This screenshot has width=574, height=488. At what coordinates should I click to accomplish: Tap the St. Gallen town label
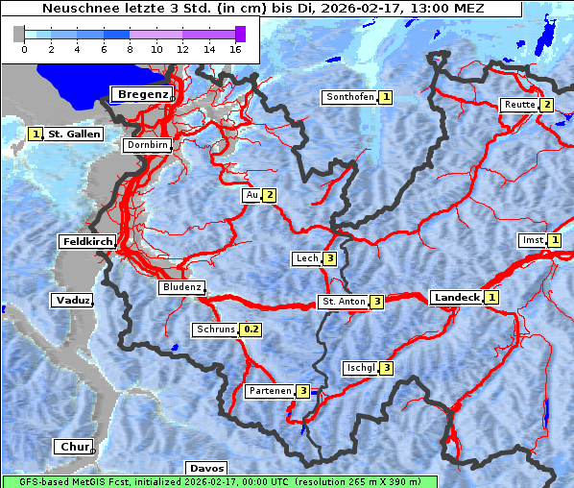pos(74,134)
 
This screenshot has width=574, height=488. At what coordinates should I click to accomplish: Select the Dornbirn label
pos(148,146)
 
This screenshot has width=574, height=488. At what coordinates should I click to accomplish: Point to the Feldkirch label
pos(87,241)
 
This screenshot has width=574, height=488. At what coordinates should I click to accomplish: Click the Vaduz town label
pos(73,301)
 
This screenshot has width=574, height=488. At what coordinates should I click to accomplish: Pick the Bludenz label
pos(181,287)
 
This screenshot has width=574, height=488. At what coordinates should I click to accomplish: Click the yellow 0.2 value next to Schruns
pos(251,329)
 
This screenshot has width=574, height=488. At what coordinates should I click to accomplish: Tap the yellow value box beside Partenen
pos(302,391)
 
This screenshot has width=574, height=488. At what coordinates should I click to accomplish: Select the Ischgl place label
pos(360,368)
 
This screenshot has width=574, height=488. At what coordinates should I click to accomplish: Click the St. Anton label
pos(343,302)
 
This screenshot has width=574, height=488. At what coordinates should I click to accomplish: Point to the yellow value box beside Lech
pos(329,258)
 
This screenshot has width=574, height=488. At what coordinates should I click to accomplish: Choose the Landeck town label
pos(456,298)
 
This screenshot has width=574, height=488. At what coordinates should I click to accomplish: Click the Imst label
pos(532,240)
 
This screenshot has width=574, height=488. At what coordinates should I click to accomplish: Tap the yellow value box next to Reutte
pos(546,105)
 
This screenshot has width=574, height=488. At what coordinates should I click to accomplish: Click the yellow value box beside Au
pos(270,196)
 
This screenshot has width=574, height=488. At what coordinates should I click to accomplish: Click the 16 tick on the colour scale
pos(235,48)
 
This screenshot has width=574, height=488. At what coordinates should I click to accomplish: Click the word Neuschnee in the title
pos(77,9)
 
